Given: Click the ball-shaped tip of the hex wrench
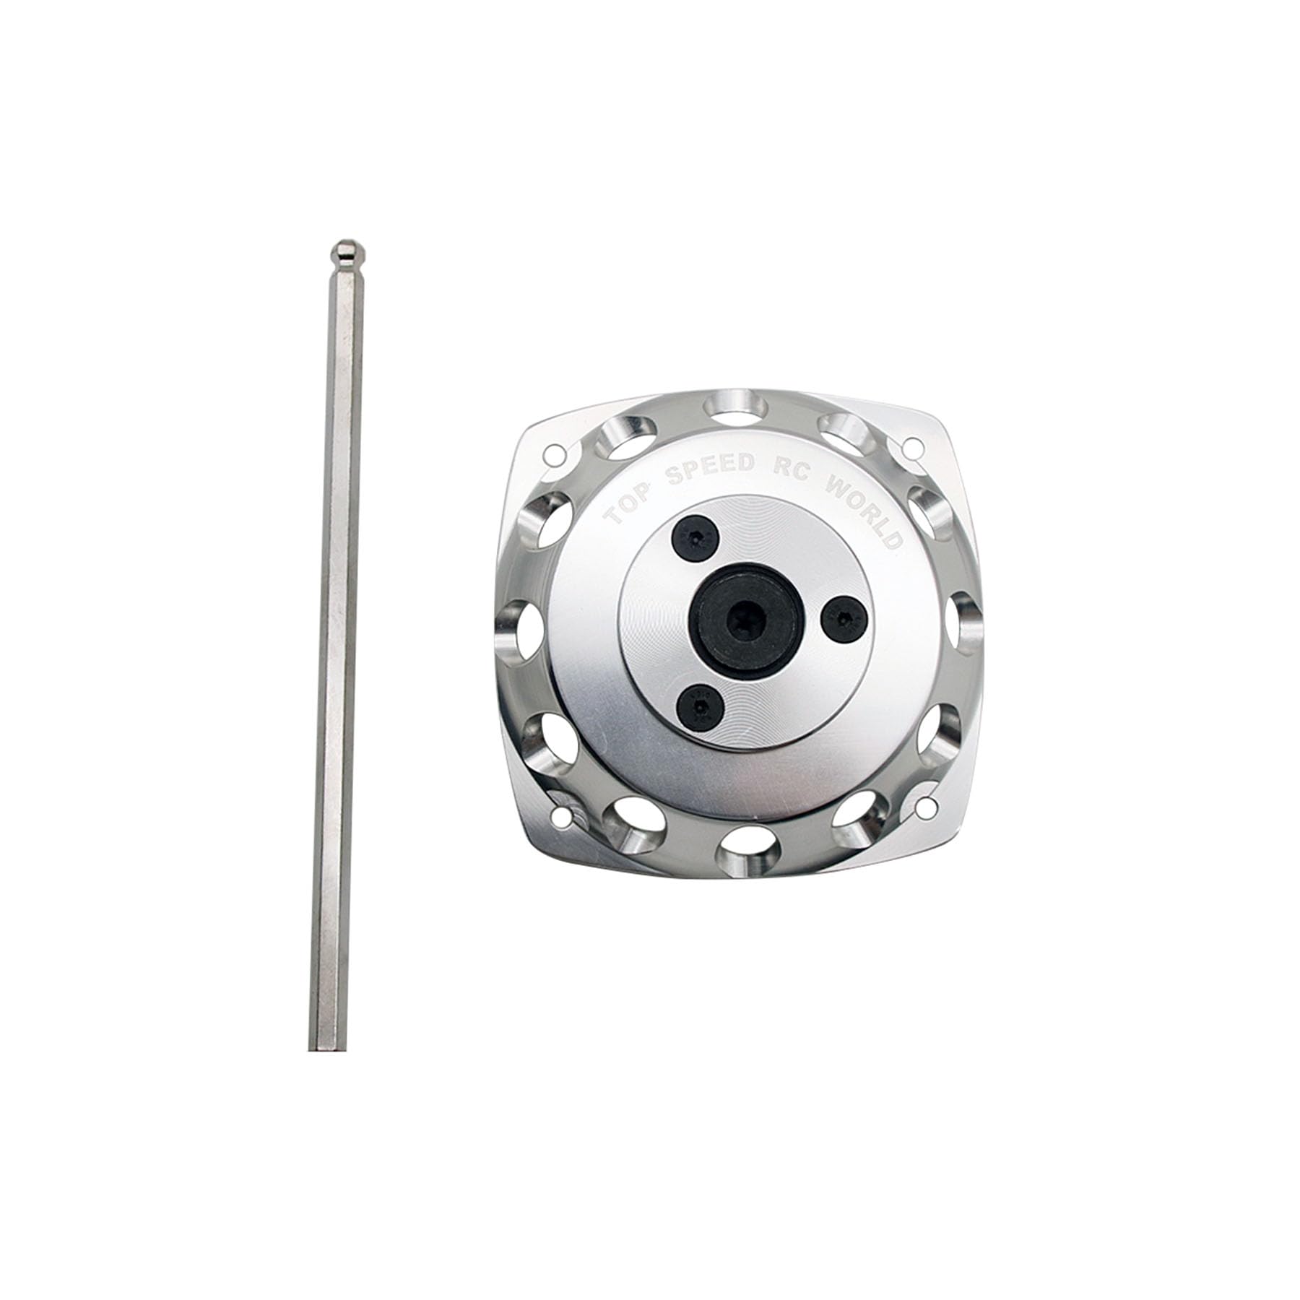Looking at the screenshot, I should pyautogui.click(x=344, y=253).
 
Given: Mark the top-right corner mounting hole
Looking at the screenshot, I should pyautogui.click(x=911, y=446).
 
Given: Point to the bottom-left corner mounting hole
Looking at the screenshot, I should pyautogui.click(x=565, y=819).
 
